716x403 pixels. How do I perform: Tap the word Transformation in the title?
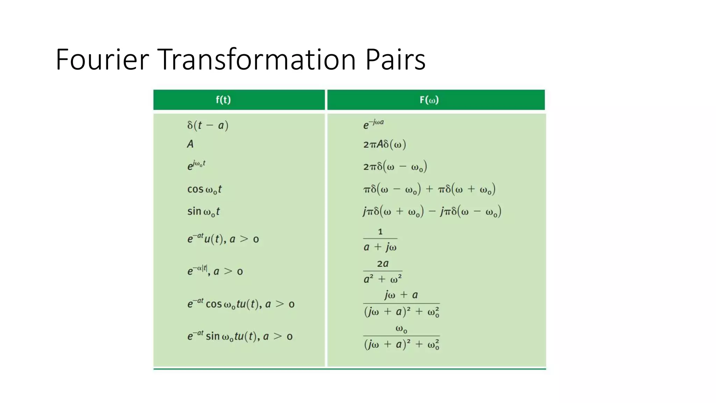click(257, 59)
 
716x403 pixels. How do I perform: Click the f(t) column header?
click(223, 100)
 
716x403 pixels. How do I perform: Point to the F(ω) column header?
click(429, 100)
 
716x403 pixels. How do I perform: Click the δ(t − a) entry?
click(208, 125)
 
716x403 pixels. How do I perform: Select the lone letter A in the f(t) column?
click(190, 144)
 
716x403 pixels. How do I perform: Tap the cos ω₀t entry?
click(204, 189)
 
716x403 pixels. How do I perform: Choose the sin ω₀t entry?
click(203, 211)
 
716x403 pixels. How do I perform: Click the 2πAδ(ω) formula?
click(385, 144)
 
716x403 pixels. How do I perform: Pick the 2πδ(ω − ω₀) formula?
click(395, 167)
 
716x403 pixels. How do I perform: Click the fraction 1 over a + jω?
click(380, 240)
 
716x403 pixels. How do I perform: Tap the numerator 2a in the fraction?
click(382, 264)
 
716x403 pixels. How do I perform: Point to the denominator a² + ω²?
click(382, 279)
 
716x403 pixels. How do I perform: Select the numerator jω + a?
click(401, 295)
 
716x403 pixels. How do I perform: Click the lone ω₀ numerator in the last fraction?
click(401, 329)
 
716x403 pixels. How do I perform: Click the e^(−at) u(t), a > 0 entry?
click(223, 239)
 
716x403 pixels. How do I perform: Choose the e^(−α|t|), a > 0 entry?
click(215, 271)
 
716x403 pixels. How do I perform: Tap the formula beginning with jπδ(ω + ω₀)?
click(432, 211)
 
